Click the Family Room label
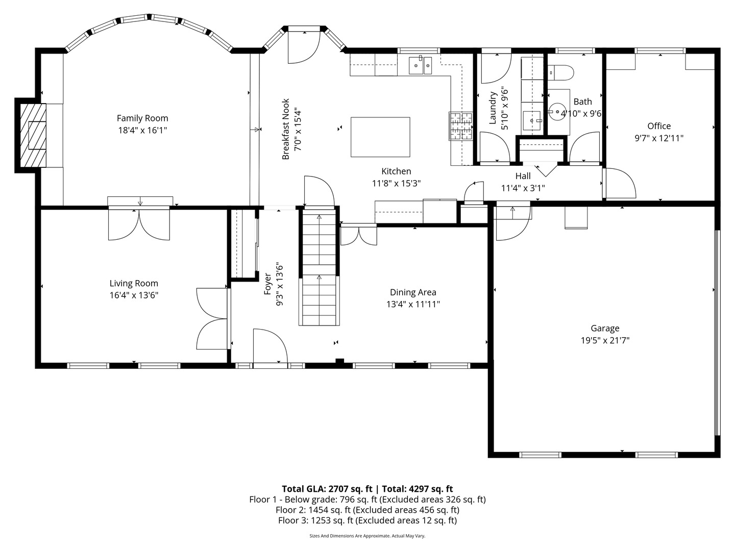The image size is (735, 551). tap(142, 118)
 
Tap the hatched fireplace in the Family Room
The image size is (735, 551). tap(33, 135)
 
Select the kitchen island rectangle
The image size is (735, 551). tap(380, 137)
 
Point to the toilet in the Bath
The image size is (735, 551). tap(561, 73)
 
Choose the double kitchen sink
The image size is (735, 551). tap(420, 65)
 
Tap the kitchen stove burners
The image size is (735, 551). tap(461, 126)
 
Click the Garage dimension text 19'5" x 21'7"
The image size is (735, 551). tap(605, 341)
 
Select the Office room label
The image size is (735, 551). tap(659, 126)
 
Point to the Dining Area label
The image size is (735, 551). tap(413, 292)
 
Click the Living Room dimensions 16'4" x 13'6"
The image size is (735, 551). tap(134, 295)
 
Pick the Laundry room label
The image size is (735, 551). tap(492, 108)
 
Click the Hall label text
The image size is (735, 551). tap(523, 176)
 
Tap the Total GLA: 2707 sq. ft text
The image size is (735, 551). tap(327, 489)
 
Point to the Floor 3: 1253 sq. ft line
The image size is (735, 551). tap(367, 520)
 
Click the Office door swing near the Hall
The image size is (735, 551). tap(619, 183)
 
